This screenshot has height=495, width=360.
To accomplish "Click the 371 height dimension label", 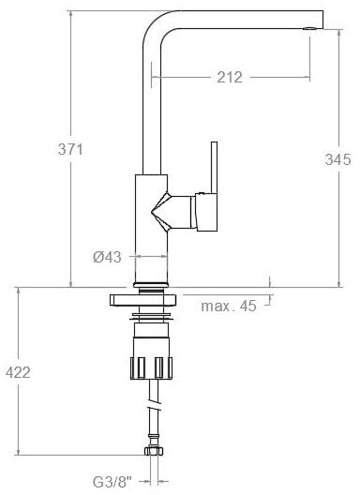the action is click(x=70, y=149).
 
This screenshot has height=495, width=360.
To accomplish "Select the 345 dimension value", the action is click(x=337, y=159).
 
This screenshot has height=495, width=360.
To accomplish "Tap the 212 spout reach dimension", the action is click(x=230, y=77).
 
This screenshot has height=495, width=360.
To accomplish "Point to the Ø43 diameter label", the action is click(x=107, y=257).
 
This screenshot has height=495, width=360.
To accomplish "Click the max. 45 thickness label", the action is click(x=229, y=306).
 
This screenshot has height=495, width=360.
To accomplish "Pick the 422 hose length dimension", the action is click(x=18, y=372).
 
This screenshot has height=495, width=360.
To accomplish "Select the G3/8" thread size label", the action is click(x=112, y=482).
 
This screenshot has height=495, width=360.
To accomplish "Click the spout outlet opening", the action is click(x=308, y=29).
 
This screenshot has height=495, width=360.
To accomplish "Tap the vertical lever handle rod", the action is click(x=214, y=167).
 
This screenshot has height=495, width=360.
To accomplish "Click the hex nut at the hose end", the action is click(x=154, y=451).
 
